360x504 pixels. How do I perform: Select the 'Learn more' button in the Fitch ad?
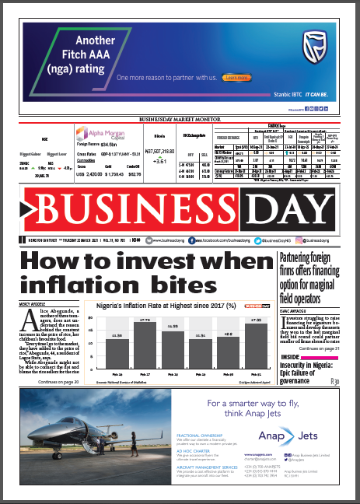(x=234, y=79)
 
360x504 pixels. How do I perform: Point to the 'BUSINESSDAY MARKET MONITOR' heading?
(x=179, y=119)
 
